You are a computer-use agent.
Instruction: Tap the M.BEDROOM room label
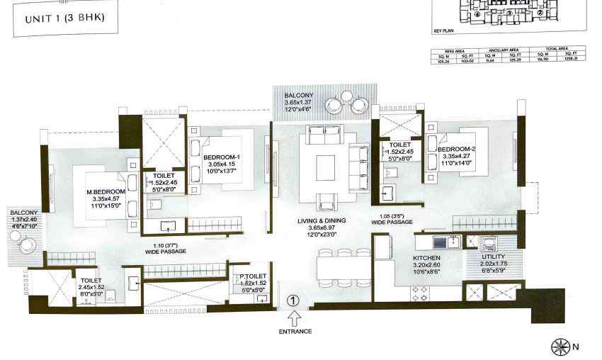click(106, 192)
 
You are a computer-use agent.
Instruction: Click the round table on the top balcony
click(346, 97)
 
